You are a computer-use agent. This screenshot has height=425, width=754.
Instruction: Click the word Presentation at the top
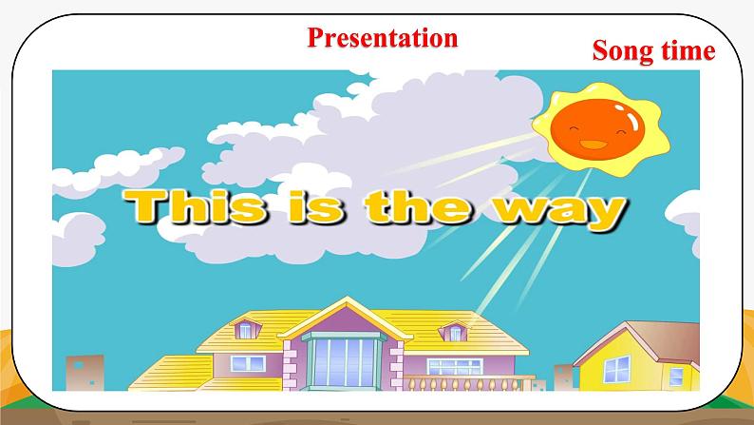(x=383, y=37)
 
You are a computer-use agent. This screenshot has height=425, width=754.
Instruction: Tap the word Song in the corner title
(x=622, y=51)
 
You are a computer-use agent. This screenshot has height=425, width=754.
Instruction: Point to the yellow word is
(x=316, y=206)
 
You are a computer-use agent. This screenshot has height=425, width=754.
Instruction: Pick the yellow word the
(x=418, y=206)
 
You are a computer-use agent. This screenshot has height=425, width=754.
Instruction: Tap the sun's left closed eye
(x=574, y=128)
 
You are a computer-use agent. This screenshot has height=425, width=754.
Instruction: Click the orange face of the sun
(x=597, y=130)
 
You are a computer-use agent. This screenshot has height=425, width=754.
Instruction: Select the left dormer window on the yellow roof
(x=246, y=330)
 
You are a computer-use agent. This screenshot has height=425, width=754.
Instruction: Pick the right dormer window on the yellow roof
(x=456, y=333)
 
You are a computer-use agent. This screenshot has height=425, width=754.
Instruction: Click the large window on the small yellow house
(x=616, y=369)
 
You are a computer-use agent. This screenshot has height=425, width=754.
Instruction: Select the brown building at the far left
(x=85, y=373)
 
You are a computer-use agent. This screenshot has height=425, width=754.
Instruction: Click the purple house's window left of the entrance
(x=248, y=363)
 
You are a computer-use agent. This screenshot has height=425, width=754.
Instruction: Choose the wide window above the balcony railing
(x=455, y=366)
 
